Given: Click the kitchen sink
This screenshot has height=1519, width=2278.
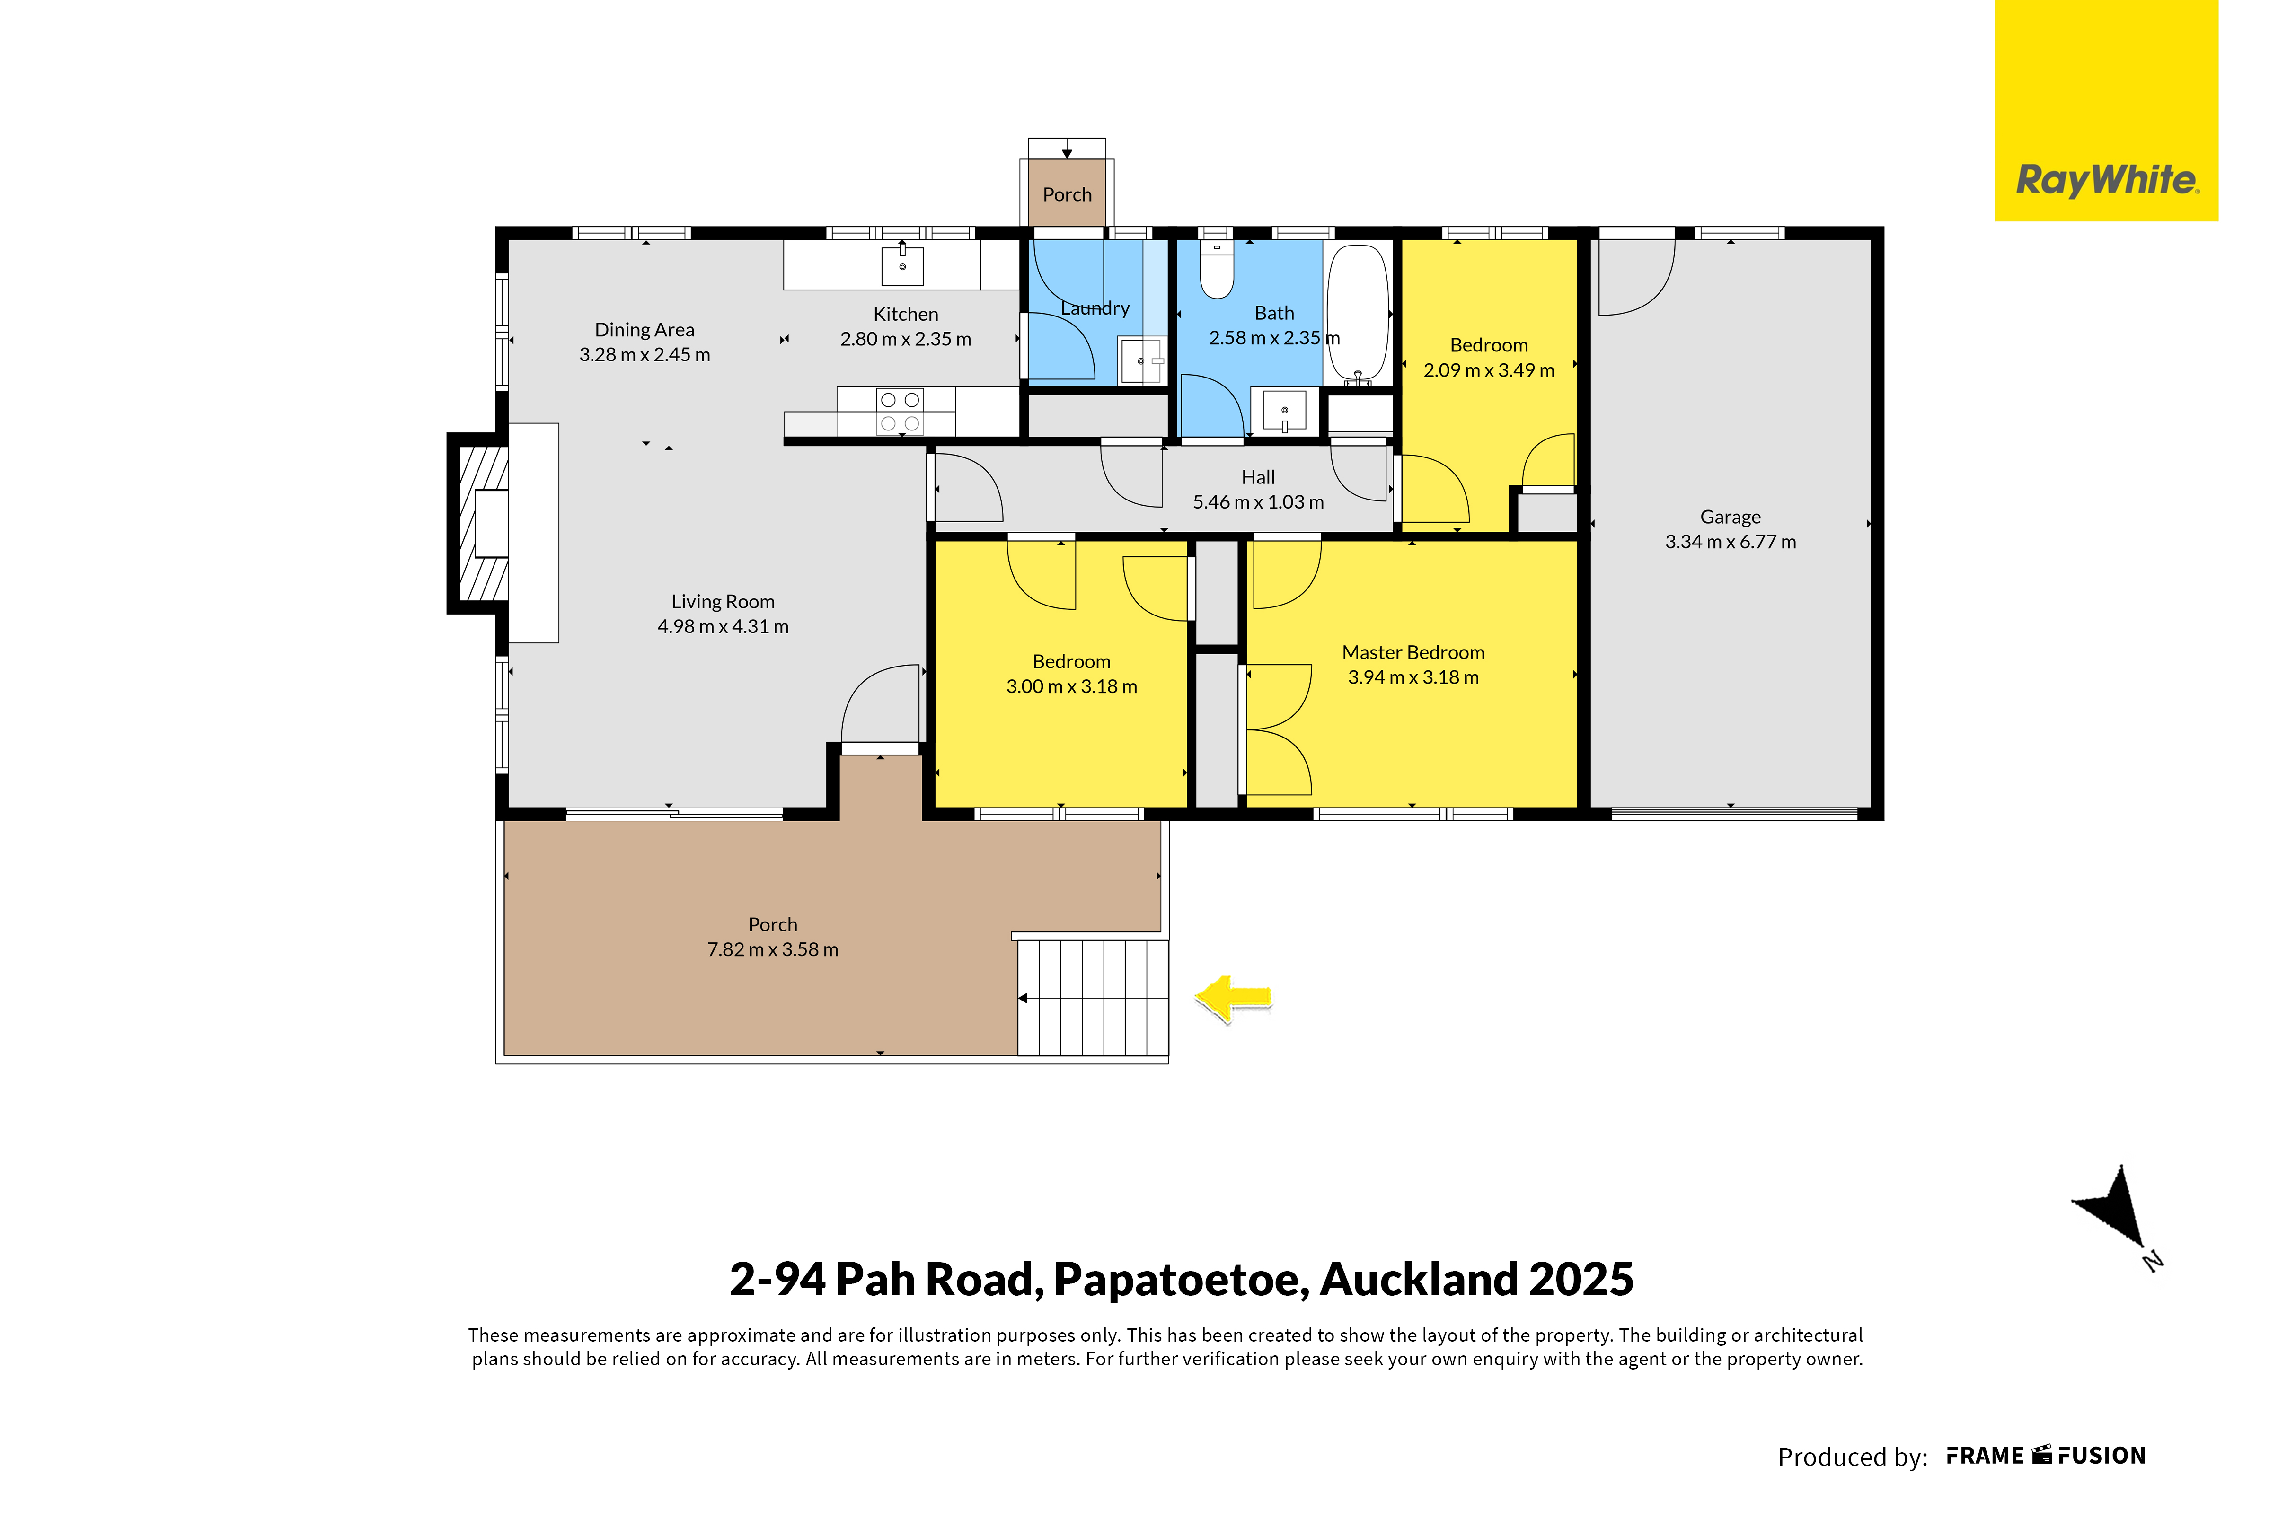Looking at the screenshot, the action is click(x=902, y=264).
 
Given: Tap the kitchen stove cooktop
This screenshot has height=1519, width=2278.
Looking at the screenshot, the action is click(x=899, y=412).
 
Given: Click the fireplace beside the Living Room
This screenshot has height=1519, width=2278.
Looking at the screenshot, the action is click(x=480, y=523).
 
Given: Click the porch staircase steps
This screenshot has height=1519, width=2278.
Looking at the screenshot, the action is click(x=1093, y=998).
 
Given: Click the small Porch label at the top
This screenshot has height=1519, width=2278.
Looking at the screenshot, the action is click(x=1067, y=195).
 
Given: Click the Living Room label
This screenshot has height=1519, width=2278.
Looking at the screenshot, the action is click(x=723, y=602).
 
